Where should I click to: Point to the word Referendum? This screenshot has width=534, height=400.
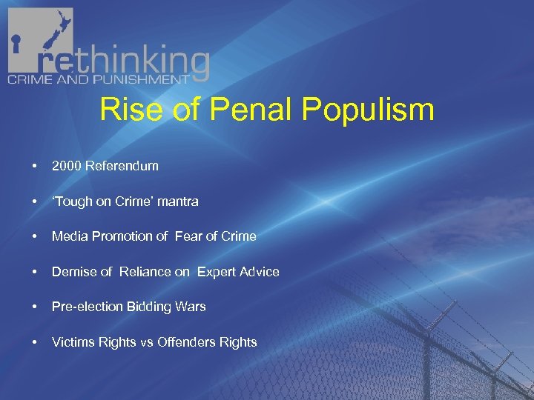click(x=122, y=166)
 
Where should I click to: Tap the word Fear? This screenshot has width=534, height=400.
click(x=188, y=236)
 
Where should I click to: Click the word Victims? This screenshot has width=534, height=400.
click(x=73, y=342)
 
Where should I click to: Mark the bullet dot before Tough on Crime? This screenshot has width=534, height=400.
click(x=35, y=201)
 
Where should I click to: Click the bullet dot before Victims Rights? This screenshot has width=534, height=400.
click(x=35, y=342)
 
